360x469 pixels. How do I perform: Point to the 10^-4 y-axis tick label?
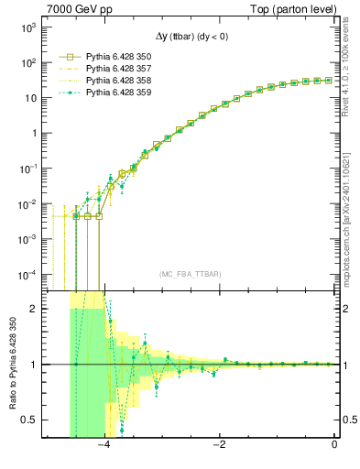[27, 274]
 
